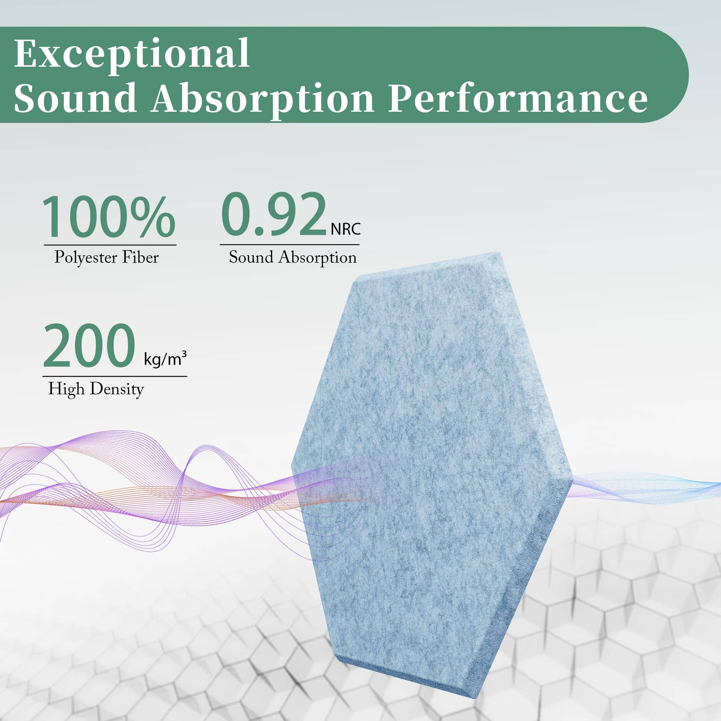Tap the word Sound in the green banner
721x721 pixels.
pos(75,97)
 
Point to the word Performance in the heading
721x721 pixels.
pos(518,97)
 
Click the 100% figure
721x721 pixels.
pos(109,217)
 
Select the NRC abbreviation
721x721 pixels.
pos(346,229)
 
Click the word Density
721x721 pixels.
pos(117,390)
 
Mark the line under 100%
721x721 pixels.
pos(110,245)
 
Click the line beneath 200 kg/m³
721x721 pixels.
pos(115,376)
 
